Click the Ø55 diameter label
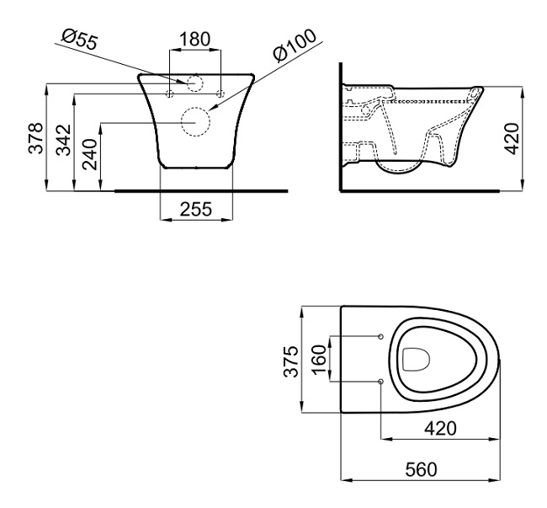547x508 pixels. (x=80, y=40)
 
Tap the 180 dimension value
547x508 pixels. (x=194, y=39)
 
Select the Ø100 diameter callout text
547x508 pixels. (x=295, y=45)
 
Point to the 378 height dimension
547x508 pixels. (x=35, y=138)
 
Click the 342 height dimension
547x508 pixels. (x=64, y=140)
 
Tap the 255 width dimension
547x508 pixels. (x=196, y=209)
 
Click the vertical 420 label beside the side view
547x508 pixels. (x=512, y=138)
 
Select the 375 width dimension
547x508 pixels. (x=291, y=361)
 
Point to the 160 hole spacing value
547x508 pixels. (x=320, y=360)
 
